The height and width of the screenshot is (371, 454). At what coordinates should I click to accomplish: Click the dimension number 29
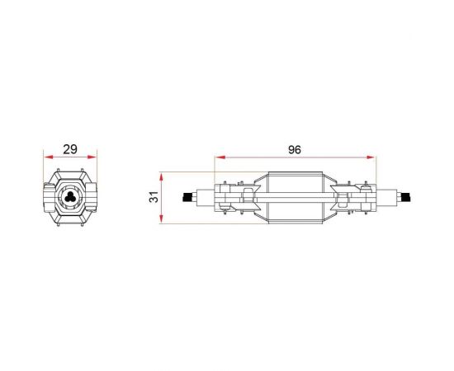69,150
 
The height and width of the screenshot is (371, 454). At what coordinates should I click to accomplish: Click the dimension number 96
295,150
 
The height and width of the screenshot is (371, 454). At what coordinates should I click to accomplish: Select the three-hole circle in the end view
69,199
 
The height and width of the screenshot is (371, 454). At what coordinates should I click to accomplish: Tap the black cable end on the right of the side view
404,198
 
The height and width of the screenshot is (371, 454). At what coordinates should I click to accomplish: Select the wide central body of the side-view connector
295,198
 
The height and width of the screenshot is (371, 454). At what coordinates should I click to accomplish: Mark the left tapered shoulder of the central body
262,198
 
